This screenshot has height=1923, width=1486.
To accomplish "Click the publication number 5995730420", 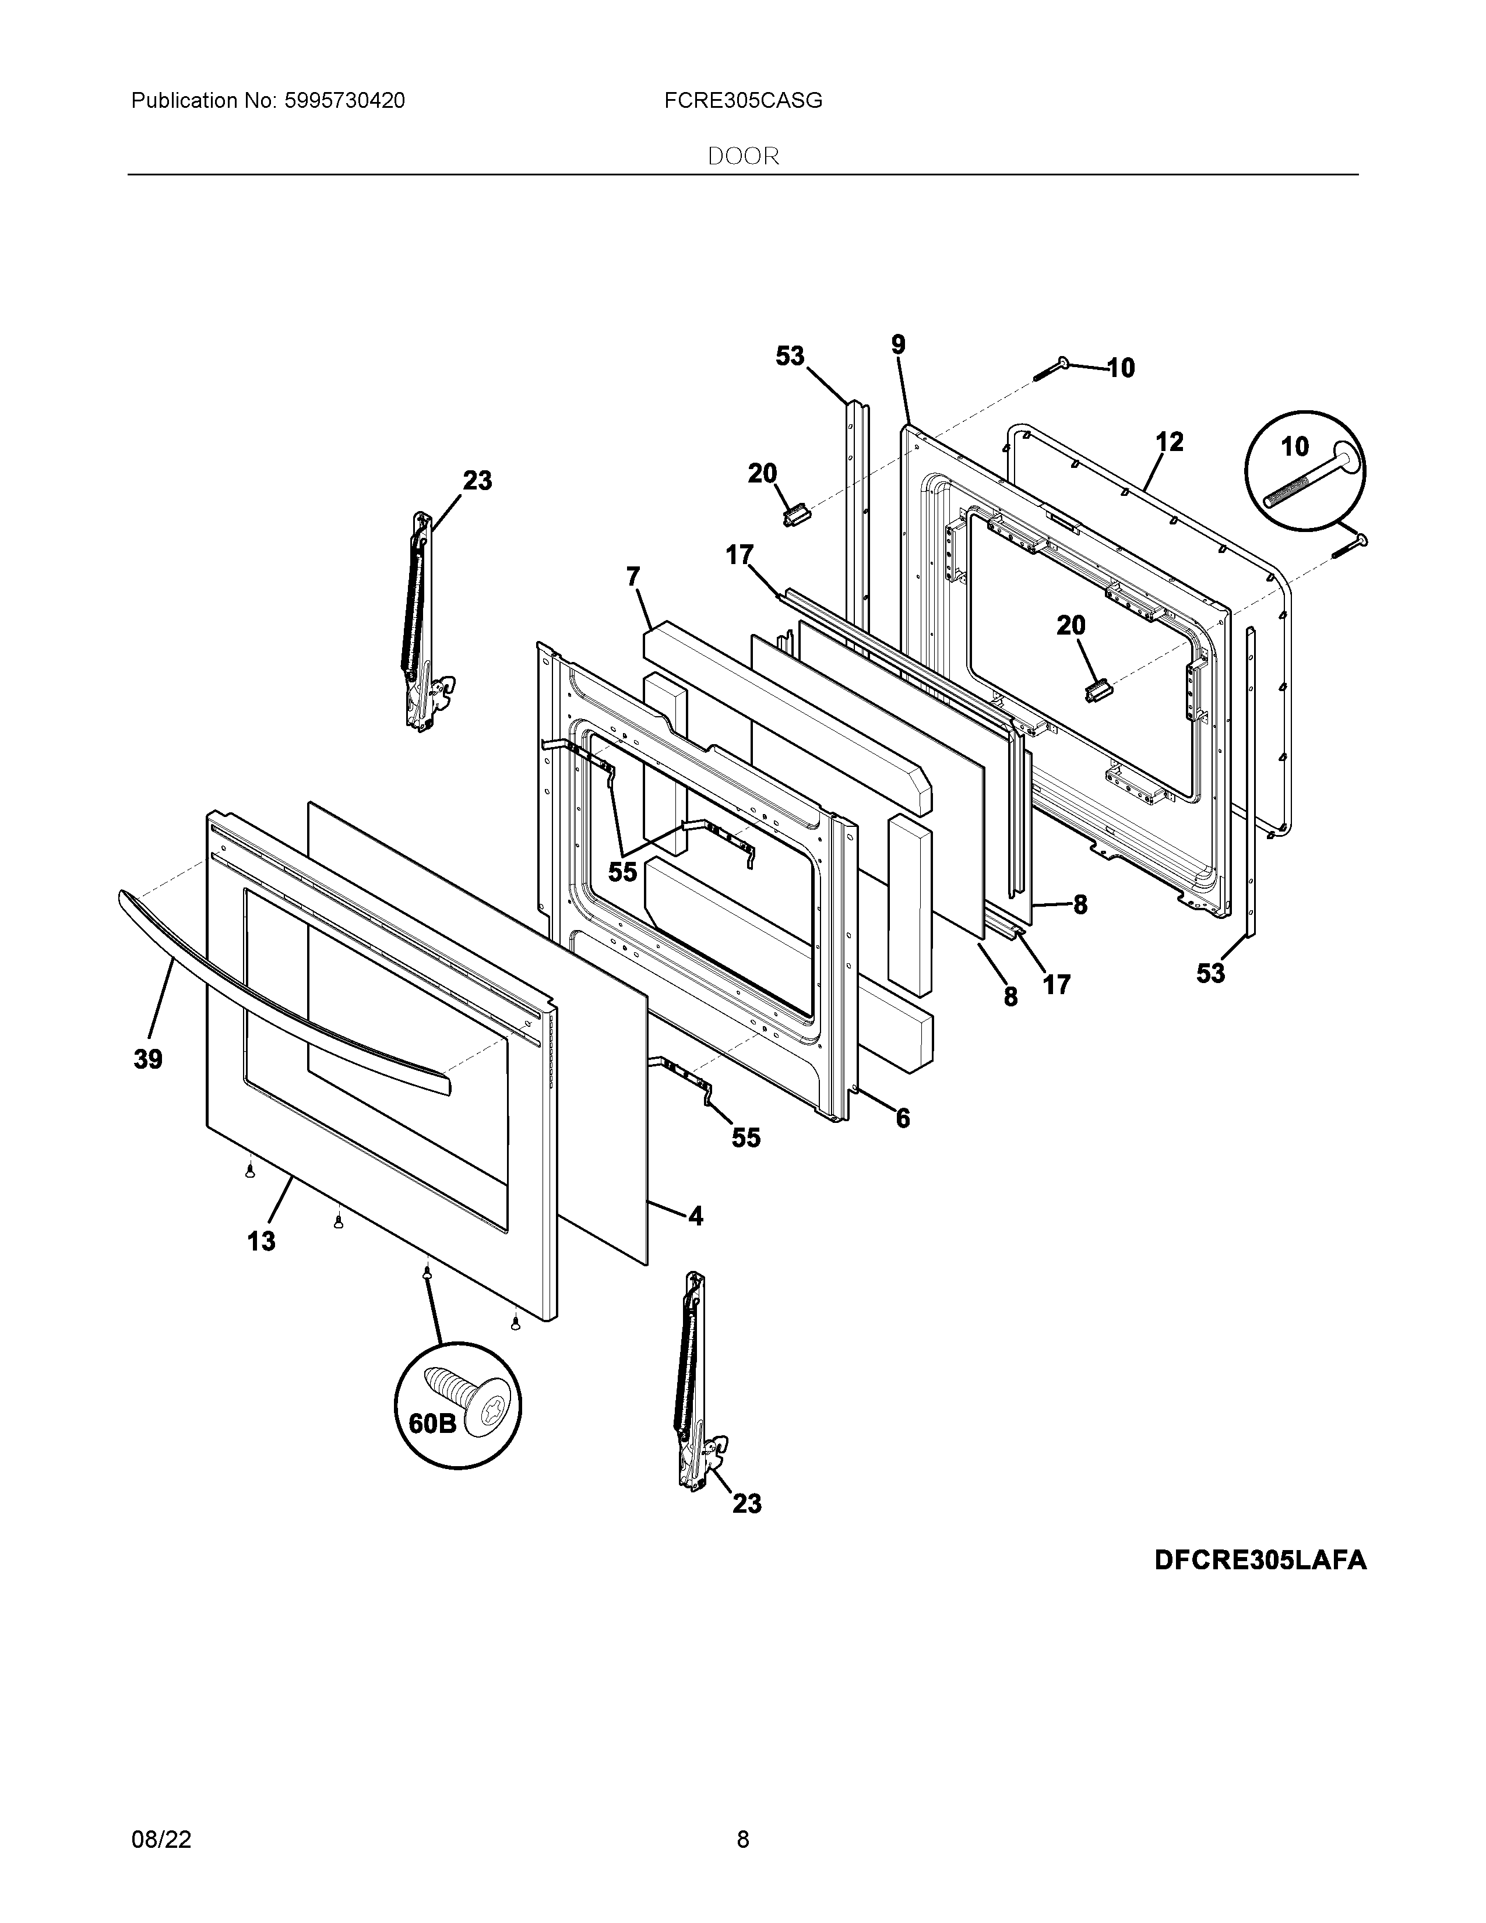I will (344, 101).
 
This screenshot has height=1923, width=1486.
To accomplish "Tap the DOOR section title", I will (743, 157).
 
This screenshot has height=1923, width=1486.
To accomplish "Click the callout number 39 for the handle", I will (148, 1059).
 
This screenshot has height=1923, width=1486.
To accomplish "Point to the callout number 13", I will (260, 1241).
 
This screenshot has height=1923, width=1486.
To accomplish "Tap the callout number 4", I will (695, 1217).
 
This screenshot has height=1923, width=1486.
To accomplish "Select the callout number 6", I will (902, 1118).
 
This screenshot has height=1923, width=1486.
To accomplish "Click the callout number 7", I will (633, 577).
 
